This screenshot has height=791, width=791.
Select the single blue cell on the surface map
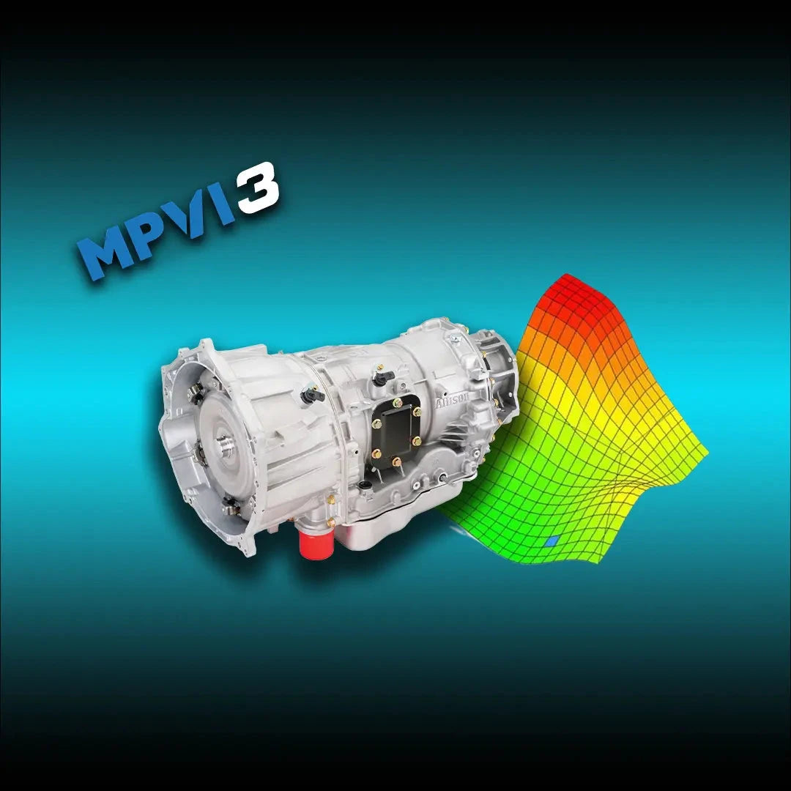[552, 541]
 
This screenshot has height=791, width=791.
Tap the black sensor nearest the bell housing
[313, 396]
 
